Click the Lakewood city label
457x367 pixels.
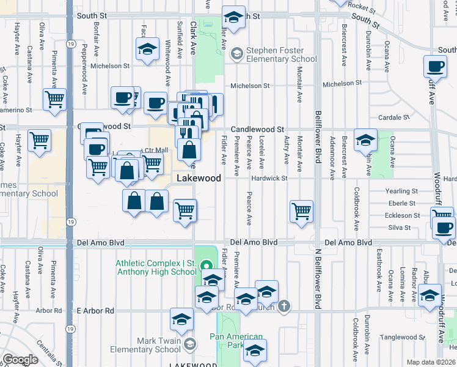click(x=199, y=178)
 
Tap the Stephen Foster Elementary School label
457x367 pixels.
click(x=281, y=55)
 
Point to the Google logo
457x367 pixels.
click(x=20, y=360)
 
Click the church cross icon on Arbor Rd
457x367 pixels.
click(x=283, y=306)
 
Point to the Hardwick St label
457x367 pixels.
click(x=269, y=178)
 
